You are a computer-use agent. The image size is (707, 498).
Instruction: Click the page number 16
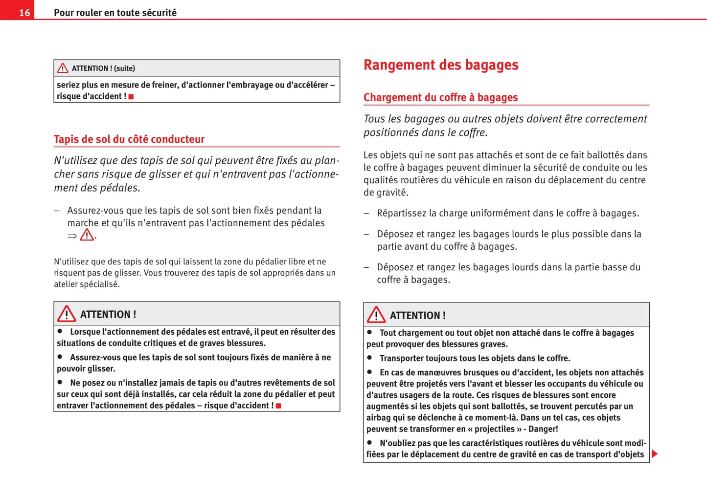point(24,13)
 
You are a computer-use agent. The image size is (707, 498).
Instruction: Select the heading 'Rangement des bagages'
point(440,65)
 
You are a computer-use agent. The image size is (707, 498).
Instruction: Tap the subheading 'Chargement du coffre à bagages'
point(440,97)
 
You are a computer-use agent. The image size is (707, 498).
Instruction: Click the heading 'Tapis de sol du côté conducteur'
point(129,139)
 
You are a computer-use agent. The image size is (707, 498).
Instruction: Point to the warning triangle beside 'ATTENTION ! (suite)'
point(63,68)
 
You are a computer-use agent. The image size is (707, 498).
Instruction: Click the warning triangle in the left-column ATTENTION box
point(67,314)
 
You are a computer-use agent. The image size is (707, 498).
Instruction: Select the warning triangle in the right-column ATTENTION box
point(376,315)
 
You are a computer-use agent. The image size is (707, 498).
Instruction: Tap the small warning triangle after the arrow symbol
point(87,235)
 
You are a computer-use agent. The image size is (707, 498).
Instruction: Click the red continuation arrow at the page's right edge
point(655,454)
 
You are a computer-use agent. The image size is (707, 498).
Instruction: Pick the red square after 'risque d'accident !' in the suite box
point(131,97)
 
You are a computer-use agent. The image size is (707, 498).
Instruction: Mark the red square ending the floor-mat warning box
point(278,406)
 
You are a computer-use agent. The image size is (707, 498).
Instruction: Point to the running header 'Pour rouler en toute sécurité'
point(115,13)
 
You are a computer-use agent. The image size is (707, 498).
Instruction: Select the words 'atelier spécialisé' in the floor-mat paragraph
point(87,284)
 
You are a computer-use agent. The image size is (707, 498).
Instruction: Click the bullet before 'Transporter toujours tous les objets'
point(370,358)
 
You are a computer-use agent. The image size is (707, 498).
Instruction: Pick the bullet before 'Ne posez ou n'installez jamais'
point(60,382)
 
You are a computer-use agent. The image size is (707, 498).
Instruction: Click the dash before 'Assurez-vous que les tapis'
point(57,211)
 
